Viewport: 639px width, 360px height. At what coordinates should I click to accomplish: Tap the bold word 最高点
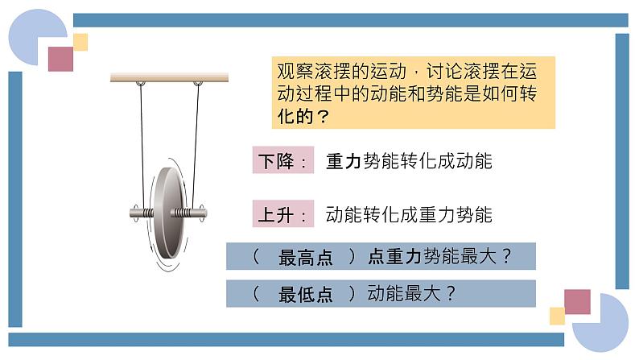(x=305, y=258)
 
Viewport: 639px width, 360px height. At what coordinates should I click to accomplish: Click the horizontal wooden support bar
(x=169, y=77)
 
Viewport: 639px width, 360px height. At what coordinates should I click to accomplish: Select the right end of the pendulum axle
(x=203, y=213)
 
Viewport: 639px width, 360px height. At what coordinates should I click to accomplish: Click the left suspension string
(x=142, y=145)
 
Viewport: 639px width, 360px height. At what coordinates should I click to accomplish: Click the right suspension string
(x=196, y=145)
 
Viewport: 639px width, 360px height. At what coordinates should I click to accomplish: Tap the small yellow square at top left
(x=80, y=42)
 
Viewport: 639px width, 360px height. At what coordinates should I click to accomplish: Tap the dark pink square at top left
(x=60, y=58)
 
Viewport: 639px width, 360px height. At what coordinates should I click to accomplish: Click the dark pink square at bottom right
(x=577, y=301)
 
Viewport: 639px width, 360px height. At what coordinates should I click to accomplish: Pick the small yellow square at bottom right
(x=557, y=315)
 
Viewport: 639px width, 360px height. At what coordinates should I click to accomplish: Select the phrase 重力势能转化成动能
(x=409, y=161)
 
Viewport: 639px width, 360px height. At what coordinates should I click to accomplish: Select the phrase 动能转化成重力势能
(x=409, y=215)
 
